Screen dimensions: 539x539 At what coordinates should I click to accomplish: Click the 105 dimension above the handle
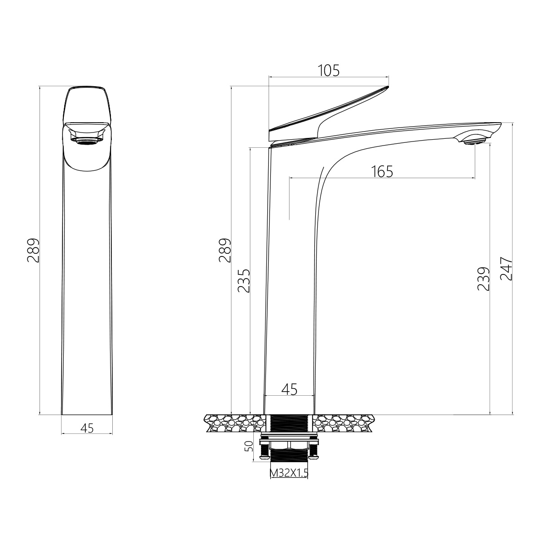point(329,71)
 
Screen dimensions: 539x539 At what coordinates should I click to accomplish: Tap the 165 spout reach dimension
point(382,172)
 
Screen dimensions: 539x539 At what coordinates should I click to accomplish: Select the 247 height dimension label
point(506,269)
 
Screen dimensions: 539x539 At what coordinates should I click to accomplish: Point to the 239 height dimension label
point(484,279)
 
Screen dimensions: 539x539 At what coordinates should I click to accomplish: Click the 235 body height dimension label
point(243,281)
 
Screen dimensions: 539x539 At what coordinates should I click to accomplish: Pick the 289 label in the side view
point(33,250)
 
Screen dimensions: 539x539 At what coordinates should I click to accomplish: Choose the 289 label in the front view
point(225,250)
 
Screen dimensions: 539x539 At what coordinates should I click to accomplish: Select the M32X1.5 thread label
point(289,473)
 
